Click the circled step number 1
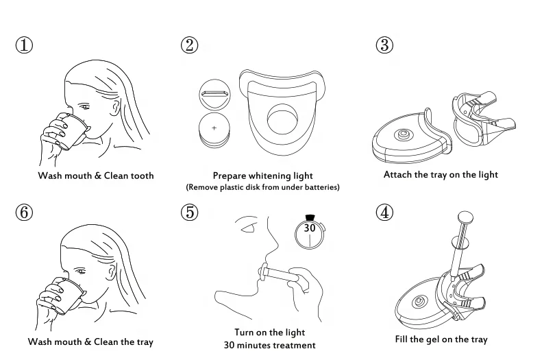[25, 45]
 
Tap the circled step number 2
[190, 45]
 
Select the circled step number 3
[384, 45]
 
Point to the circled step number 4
[384, 212]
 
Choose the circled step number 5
[190, 212]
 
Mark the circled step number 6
[25, 212]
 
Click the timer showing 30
[310, 230]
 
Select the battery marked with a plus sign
[214, 128]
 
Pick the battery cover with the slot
[214, 93]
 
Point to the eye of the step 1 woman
[85, 107]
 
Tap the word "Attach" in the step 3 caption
[397, 175]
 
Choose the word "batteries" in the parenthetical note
[321, 187]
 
